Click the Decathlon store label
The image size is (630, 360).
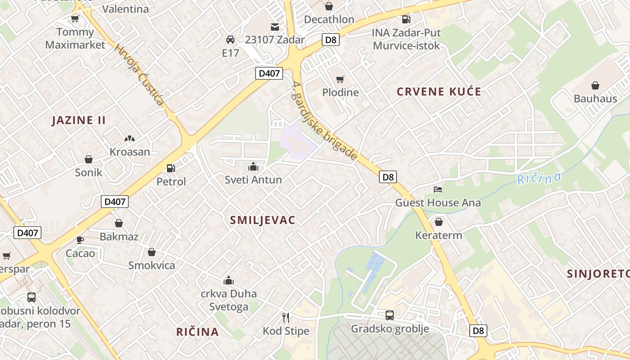[x=329, y=19]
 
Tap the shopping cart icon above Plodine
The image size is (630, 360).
[x=340, y=79]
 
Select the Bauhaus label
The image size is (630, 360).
[x=595, y=99]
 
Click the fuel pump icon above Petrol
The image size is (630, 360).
[x=171, y=168]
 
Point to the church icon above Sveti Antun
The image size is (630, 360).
[x=253, y=166]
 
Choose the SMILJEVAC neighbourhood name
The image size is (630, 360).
[x=262, y=220]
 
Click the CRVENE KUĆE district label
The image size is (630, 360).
[x=439, y=92]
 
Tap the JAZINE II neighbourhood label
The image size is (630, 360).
[x=79, y=120]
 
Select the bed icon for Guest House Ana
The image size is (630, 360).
[x=438, y=189]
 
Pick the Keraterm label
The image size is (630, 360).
[x=438, y=235]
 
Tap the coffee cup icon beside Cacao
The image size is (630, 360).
[x=80, y=239]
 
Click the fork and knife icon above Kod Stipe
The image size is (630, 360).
[x=286, y=318]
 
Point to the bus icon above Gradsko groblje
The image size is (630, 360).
[x=390, y=315]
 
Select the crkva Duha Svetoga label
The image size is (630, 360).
[x=229, y=300]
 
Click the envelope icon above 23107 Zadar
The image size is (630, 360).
[x=274, y=27]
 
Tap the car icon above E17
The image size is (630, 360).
[x=230, y=40]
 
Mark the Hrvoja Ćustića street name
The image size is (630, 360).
[x=139, y=74]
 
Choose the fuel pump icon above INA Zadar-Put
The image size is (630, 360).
[x=406, y=19]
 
